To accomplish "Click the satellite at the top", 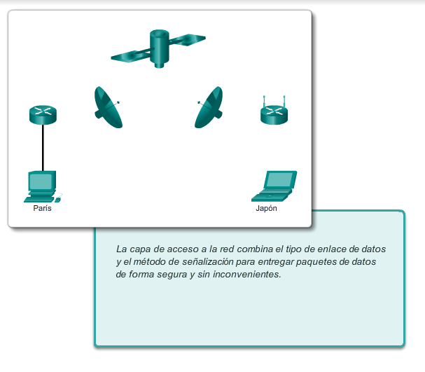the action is pos(159,49).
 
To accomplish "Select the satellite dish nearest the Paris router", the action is pos(108,107).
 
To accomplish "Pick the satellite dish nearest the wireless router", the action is pos(209,107).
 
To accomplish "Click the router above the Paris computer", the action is pos(43,115).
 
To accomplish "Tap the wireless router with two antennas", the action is pos(274,111).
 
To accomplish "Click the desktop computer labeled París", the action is pos(43,186).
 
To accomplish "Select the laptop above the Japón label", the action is pos(274,186).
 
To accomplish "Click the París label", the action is pos(42,208).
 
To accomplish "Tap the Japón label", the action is pos(267,209).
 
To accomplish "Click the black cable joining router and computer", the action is pos(43,148).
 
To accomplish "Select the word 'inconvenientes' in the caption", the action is pos(246,274).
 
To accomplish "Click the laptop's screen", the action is pos(280,179).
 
